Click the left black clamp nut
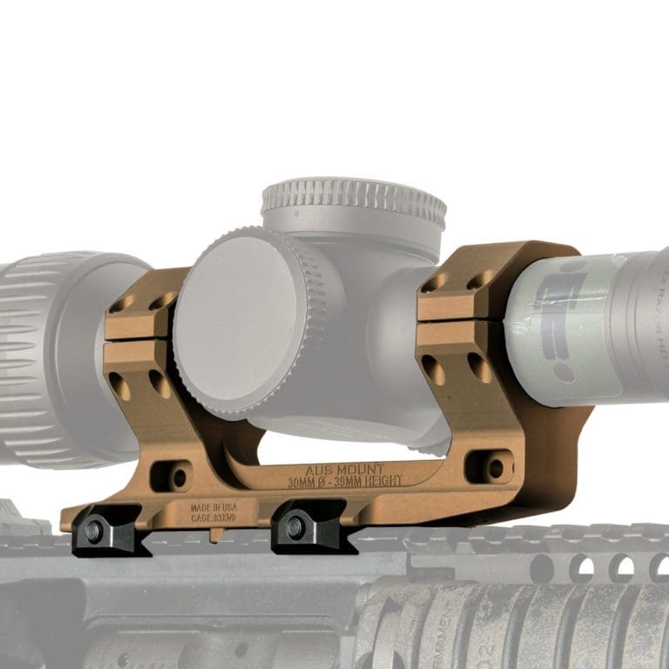point(93,529)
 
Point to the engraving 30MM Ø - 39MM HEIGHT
point(345,481)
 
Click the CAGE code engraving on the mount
point(213,517)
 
